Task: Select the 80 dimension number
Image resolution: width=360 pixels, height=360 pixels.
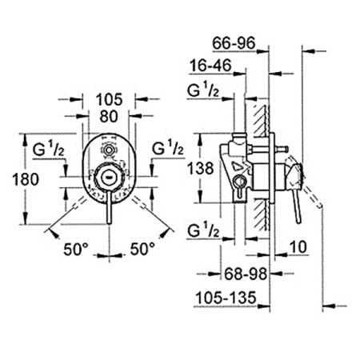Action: pyautogui.click(x=109, y=117)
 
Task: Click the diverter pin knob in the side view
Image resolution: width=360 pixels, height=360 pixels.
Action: pyautogui.click(x=282, y=148)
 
